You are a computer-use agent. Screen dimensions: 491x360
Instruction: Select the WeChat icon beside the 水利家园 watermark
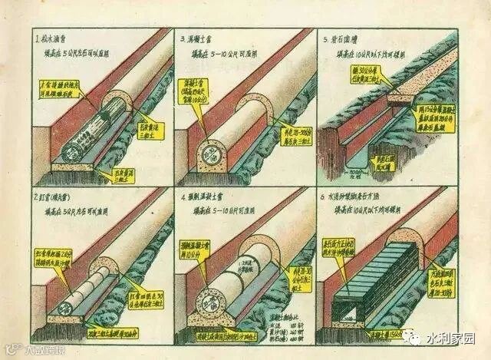[418, 336]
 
